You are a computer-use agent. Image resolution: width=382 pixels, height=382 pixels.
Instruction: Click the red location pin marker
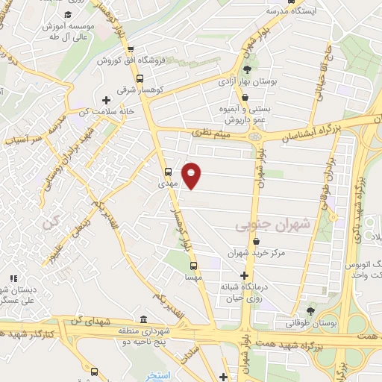pos(192,175)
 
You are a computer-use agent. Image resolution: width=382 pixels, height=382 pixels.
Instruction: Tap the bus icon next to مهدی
pos(168,170)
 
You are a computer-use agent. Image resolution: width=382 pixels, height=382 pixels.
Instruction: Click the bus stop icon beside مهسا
pos(193,266)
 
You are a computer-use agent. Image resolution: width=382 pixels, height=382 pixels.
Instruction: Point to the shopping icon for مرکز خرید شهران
pos(257,241)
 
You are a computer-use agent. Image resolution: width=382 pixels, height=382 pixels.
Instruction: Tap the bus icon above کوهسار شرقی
pos(140,78)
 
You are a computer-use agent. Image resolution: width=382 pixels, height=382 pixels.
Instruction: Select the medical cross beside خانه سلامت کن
pos(106,99)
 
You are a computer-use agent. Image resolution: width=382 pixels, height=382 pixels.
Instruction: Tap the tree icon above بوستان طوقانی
pos(310,311)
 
